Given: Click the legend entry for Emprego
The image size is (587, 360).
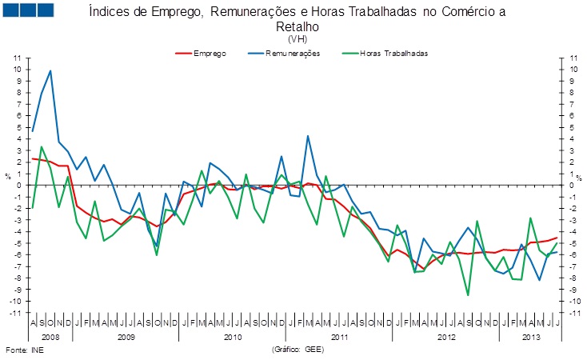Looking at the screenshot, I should (209, 53).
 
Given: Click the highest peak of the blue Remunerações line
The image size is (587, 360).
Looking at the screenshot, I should (50, 70).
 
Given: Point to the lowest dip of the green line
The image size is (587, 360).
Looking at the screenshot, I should (468, 295).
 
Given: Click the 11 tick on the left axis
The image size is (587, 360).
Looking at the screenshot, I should (16, 58).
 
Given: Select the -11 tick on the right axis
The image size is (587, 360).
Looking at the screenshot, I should (571, 313).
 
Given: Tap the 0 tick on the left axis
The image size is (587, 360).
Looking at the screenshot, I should (18, 186).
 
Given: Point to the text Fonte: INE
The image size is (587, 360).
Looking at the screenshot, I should (22, 350).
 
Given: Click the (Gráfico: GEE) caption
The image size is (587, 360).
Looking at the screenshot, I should (297, 350).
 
